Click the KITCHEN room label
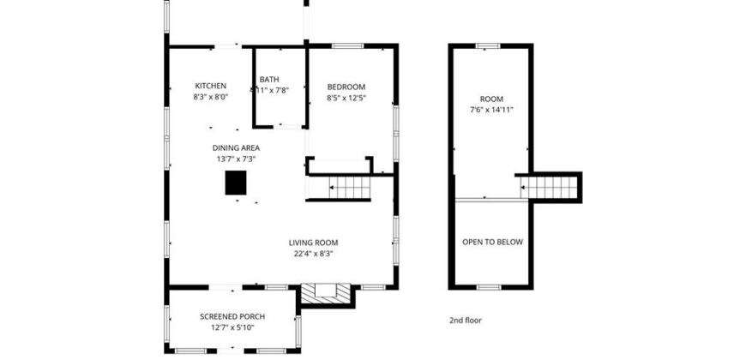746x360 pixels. [x=210, y=86]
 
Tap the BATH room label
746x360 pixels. [x=269, y=80]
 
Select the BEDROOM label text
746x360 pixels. [x=346, y=87]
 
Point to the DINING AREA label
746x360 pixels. [x=236, y=147]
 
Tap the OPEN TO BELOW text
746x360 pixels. [x=492, y=242]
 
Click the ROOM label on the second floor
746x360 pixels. [x=491, y=99]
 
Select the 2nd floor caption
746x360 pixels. [x=466, y=321]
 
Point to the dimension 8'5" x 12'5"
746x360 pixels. [x=346, y=98]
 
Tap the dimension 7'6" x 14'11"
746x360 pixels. [x=491, y=110]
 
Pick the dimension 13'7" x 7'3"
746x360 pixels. [x=236, y=159]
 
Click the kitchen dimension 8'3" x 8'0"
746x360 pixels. [x=210, y=98]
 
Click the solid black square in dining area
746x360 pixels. [x=236, y=183]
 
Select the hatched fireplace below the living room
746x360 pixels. [x=326, y=295]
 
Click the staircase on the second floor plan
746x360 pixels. [x=549, y=187]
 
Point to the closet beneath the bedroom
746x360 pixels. [x=340, y=165]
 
